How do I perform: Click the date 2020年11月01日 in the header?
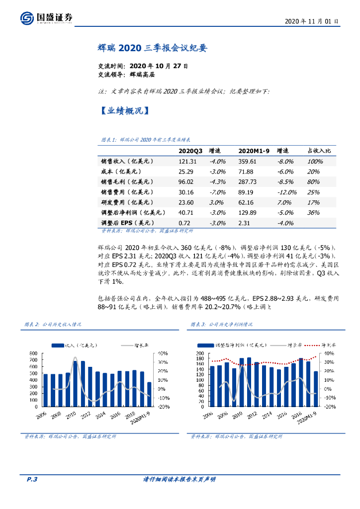pyautogui.click(x=312, y=21)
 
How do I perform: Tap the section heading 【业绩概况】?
pyautogui.click(x=122, y=111)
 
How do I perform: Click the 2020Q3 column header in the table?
pyautogui.click(x=190, y=151)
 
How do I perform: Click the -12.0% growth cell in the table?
pyautogui.click(x=286, y=192)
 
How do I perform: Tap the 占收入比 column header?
pyautogui.click(x=319, y=151)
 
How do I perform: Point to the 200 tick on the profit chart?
pyautogui.click(x=200, y=353)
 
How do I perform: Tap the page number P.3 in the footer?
pyautogui.click(x=32, y=479)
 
